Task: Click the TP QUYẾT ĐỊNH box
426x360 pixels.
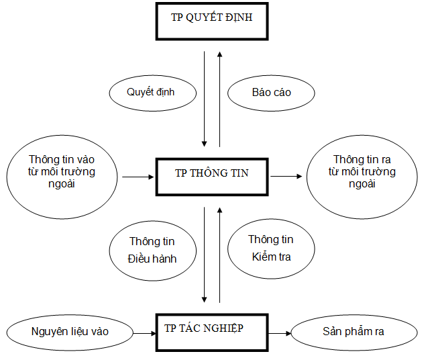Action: click(212, 23)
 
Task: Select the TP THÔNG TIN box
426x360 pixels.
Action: click(212, 177)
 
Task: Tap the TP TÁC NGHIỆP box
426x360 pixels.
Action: click(212, 331)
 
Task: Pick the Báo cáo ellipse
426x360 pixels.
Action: click(272, 92)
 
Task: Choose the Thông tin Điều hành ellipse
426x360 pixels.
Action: click(152, 250)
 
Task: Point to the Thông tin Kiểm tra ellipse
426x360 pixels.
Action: click(271, 248)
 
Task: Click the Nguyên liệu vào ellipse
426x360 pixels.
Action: click(70, 332)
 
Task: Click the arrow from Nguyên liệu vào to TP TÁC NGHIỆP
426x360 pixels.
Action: click(144, 332)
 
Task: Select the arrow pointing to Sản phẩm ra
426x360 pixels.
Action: click(280, 332)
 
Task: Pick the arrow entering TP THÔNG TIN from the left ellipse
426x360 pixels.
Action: click(138, 177)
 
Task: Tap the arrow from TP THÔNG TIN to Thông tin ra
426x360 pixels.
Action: click(287, 177)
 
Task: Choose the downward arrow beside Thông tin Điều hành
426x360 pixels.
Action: click(204, 256)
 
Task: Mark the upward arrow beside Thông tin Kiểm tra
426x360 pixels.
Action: click(219, 256)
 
